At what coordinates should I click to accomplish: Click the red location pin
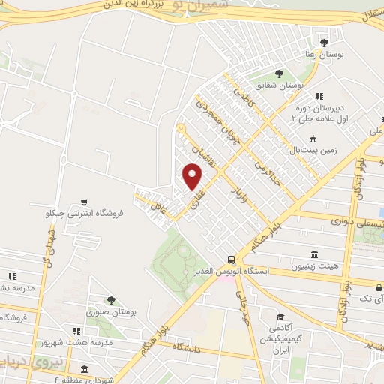193,176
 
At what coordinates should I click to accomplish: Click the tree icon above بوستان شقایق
278,73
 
